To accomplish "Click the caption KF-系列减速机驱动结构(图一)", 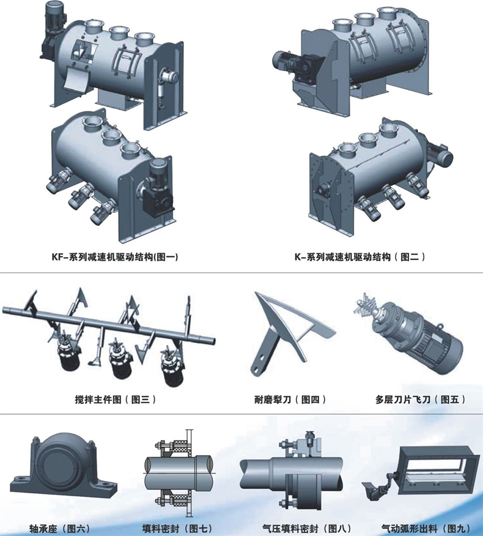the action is point(115,257).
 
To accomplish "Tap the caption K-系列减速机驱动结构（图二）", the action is point(360,257).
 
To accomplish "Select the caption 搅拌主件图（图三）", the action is point(116,400).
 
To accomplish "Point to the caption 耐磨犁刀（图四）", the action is point(290,400).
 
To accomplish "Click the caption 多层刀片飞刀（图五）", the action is point(421,400).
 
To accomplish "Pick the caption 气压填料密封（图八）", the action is point(307,529).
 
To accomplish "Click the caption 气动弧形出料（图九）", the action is point(426,529).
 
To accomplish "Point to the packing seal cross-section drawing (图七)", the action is point(179,474).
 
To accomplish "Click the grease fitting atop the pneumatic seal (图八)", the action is point(311,435).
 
